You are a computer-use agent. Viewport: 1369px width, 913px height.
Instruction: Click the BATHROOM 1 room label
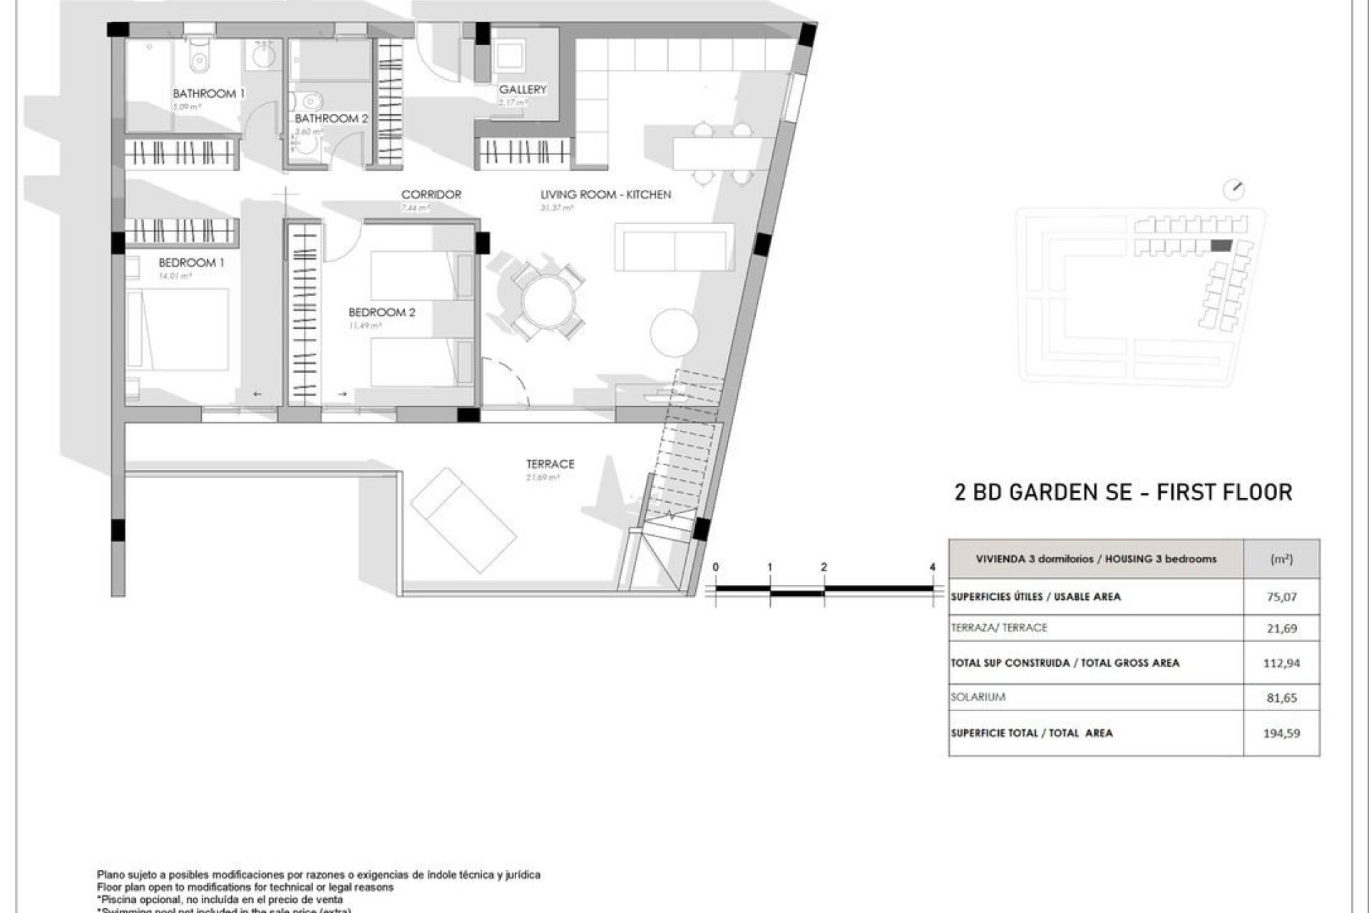pyautogui.click(x=208, y=93)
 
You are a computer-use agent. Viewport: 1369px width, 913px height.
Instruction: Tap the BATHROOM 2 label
pyautogui.click(x=332, y=118)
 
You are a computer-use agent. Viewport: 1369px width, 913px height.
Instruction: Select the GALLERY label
pyautogui.click(x=522, y=89)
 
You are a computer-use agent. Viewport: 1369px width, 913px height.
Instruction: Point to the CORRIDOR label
pyautogui.click(x=431, y=194)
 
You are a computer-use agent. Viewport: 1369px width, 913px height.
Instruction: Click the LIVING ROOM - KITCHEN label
pyautogui.click(x=605, y=194)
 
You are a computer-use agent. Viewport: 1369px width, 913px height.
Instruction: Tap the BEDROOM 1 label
pyautogui.click(x=191, y=262)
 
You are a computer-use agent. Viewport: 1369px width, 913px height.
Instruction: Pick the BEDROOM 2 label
pyautogui.click(x=381, y=312)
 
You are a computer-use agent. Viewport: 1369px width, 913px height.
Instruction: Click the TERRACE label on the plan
pyautogui.click(x=550, y=464)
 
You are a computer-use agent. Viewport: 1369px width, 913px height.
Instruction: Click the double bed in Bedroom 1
pyautogui.click(x=178, y=330)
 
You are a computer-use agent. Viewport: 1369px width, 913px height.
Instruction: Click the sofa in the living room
pyautogui.click(x=674, y=247)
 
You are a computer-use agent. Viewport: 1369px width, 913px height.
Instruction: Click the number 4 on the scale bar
pyautogui.click(x=932, y=567)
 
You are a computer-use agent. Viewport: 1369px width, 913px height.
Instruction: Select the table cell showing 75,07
pyautogui.click(x=1281, y=597)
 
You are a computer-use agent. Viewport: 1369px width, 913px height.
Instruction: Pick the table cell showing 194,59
pyautogui.click(x=1281, y=733)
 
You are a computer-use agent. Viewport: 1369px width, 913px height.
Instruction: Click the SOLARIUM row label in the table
pyautogui.click(x=978, y=697)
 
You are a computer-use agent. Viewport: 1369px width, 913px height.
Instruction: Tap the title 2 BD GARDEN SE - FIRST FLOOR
pyautogui.click(x=1123, y=492)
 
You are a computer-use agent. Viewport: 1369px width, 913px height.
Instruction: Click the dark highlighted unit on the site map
pyautogui.click(x=1221, y=246)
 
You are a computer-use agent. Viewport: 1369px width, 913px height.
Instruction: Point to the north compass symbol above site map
pyautogui.click(x=1233, y=190)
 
